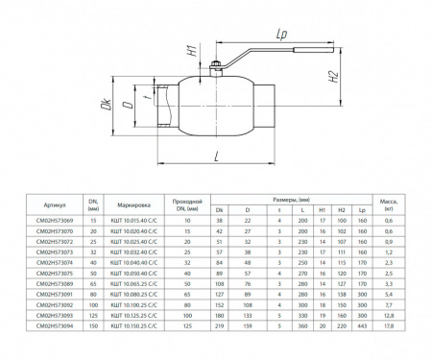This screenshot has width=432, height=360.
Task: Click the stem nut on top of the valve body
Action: (x=218, y=67)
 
